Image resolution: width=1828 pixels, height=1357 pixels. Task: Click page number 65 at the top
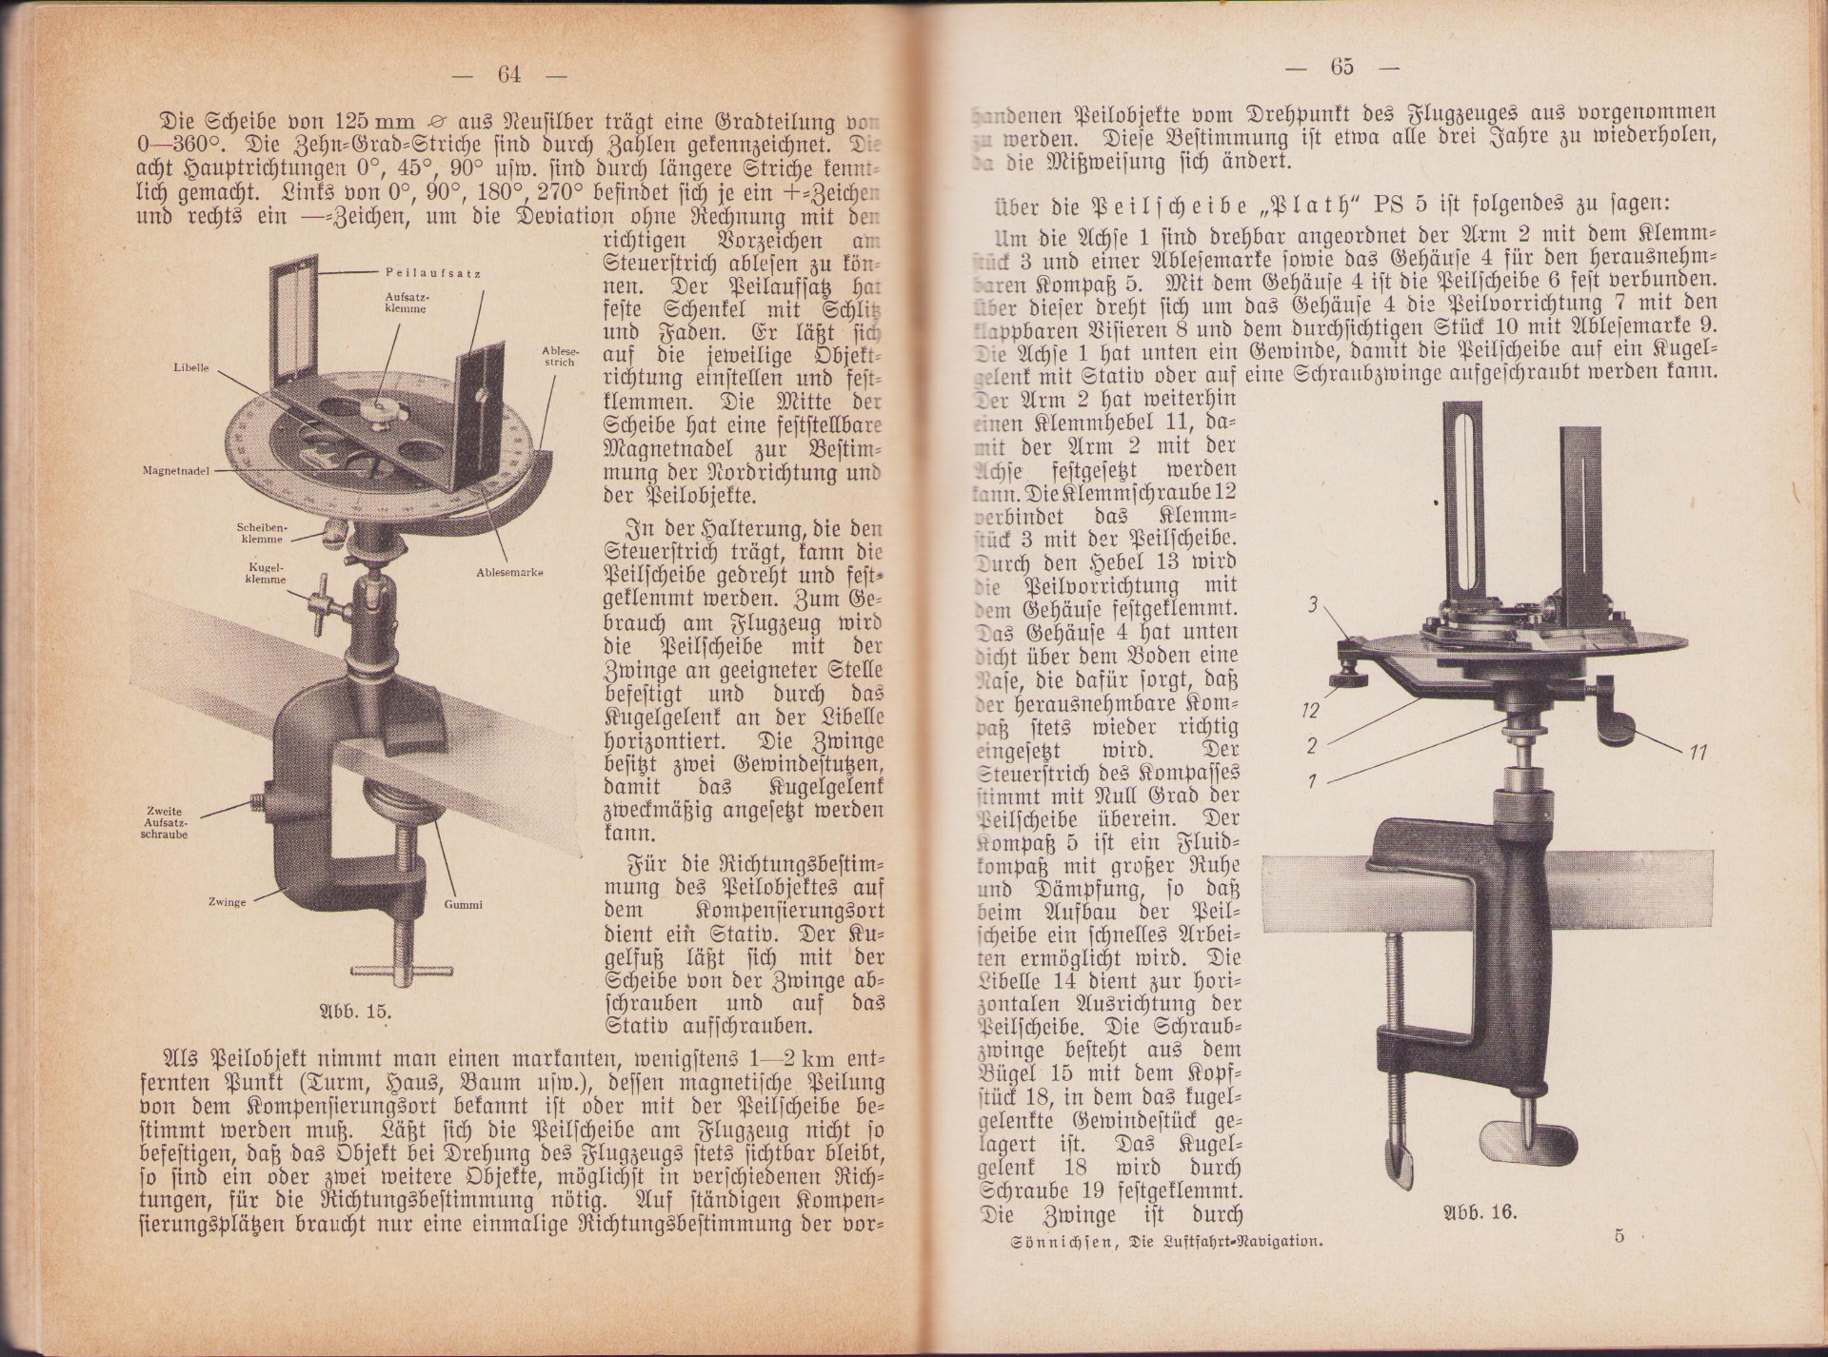tap(1342, 68)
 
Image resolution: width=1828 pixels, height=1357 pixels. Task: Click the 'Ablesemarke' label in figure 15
tap(509, 572)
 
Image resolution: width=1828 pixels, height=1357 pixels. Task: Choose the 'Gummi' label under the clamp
tap(463, 904)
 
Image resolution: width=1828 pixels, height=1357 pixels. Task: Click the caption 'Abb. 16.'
tap(1480, 1212)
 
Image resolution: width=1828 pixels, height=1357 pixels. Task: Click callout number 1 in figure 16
tap(1312, 781)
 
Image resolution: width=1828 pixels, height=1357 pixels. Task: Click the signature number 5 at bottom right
tap(1619, 1237)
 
